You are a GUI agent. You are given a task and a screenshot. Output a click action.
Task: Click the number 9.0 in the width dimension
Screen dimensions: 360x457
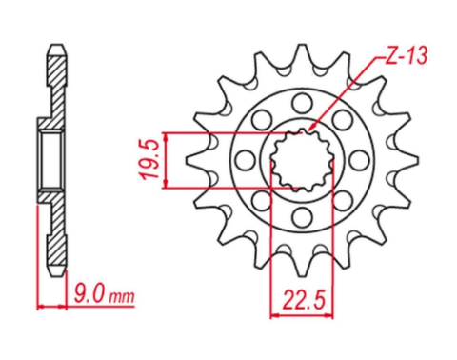point(89,294)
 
